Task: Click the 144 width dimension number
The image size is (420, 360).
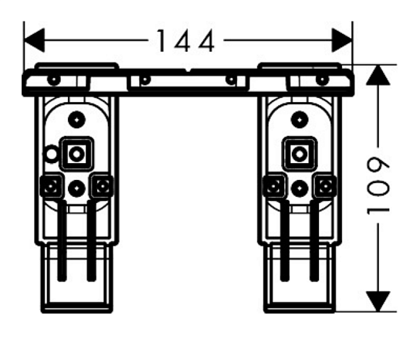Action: (x=185, y=41)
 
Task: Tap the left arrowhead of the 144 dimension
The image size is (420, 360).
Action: (x=34, y=40)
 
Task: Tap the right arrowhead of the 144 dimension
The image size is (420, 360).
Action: (x=342, y=40)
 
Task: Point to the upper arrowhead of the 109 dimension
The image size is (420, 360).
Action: (x=378, y=75)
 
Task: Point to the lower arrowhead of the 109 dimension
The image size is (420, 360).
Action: (x=378, y=301)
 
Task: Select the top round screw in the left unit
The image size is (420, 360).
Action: (x=77, y=119)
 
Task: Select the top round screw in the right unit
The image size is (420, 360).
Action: (x=300, y=119)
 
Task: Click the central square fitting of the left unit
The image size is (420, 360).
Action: (x=76, y=154)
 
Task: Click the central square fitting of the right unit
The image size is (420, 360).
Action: (x=300, y=154)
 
